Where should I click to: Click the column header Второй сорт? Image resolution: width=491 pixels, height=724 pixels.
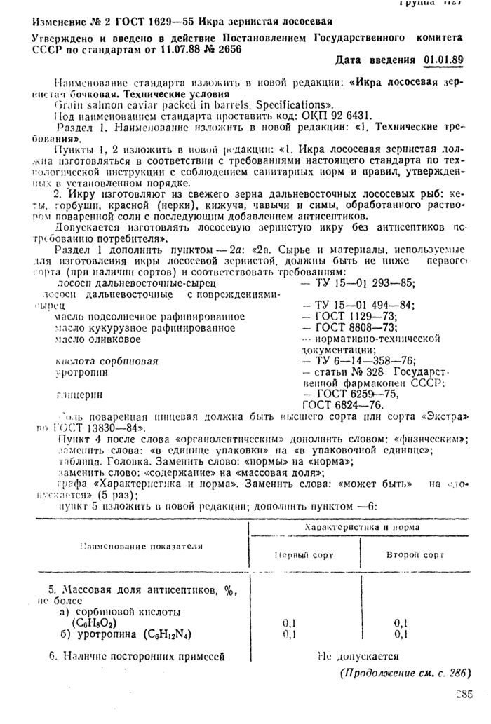point(415,554)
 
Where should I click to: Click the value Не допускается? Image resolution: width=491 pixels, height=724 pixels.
point(358,657)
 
